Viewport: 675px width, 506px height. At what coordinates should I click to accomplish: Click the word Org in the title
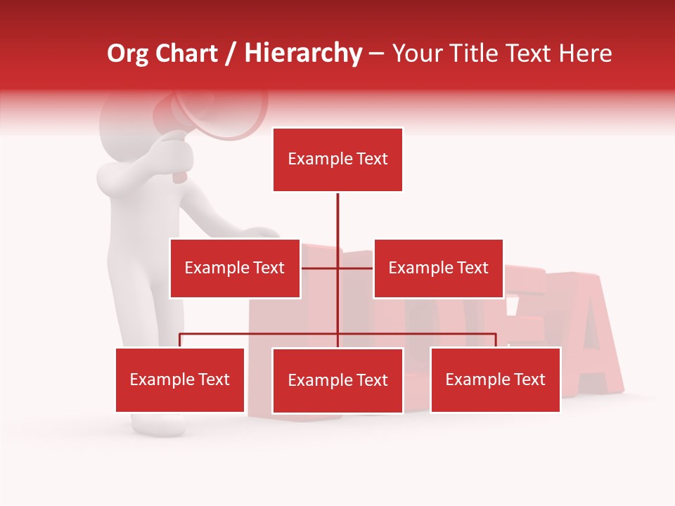127,53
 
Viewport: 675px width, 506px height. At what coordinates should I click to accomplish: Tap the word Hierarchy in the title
303,53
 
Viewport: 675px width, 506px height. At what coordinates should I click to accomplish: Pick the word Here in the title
586,53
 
